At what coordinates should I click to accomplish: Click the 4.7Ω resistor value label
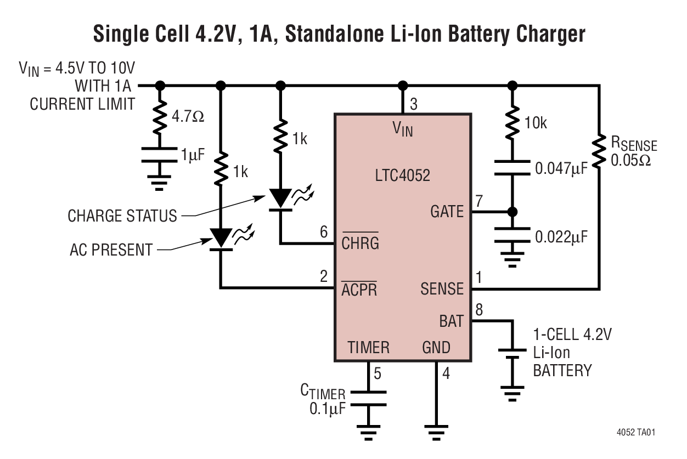(x=188, y=116)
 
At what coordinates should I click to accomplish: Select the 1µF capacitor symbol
(x=160, y=155)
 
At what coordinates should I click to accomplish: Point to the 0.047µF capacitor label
(x=561, y=168)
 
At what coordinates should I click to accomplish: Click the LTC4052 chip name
(x=403, y=175)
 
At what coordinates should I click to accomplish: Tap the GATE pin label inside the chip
(x=447, y=212)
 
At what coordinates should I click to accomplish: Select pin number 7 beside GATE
(x=479, y=201)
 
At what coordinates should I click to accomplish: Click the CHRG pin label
(x=360, y=242)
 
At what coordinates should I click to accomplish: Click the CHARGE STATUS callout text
(x=122, y=216)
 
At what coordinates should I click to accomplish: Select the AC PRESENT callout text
(x=111, y=250)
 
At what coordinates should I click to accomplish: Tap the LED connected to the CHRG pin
(x=281, y=199)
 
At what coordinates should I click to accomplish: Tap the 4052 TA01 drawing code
(x=635, y=432)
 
